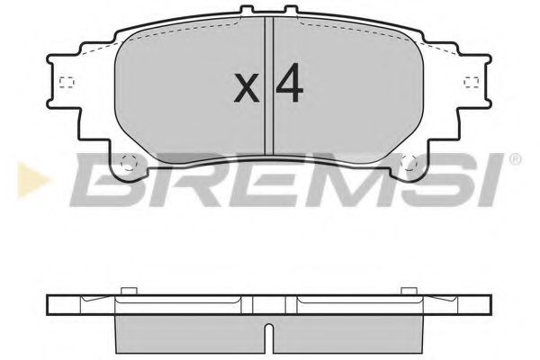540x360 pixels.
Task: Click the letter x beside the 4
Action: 246,87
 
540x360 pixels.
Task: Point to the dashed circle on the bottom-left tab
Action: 128,164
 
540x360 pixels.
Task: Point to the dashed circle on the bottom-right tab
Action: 409,164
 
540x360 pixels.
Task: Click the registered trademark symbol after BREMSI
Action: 514,161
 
